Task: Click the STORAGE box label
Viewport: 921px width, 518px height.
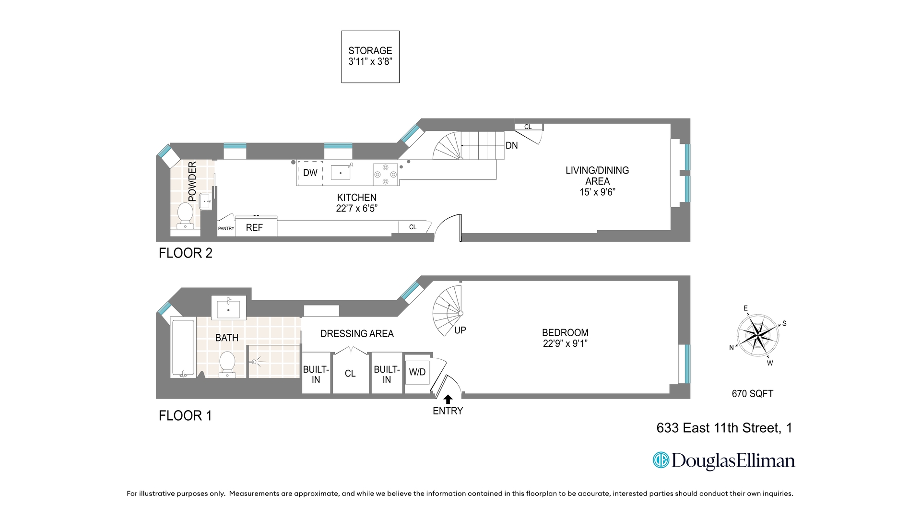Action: coord(370,51)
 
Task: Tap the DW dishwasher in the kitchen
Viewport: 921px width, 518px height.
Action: coord(310,173)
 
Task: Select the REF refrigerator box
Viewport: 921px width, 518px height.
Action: coord(254,227)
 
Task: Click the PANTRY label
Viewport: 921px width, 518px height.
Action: coord(226,228)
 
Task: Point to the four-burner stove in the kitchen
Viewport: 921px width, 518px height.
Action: coord(386,174)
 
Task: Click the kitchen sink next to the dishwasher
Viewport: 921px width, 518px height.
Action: coord(341,172)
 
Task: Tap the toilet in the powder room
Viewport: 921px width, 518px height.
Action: coord(185,215)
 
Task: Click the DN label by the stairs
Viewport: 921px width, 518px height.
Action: coord(511,145)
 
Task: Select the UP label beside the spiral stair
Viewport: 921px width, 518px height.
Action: coord(460,330)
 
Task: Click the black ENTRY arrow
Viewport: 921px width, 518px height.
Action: coord(448,399)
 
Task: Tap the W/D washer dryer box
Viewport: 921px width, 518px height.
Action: coord(417,372)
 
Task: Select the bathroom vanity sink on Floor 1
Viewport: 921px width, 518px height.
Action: coord(228,309)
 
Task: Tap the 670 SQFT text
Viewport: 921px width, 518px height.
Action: coord(752,394)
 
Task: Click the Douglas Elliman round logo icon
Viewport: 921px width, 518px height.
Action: coord(661,460)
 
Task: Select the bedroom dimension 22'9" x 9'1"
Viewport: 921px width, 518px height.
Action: coord(565,343)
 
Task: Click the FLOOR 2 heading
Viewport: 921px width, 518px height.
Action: coord(185,253)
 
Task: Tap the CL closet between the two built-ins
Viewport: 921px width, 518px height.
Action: coord(350,373)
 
